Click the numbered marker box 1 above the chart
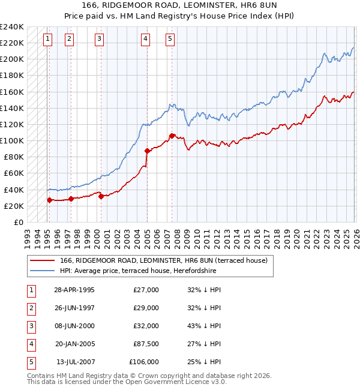(47, 40)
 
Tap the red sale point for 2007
(172, 136)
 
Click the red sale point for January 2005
(147, 151)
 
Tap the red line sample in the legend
(42, 260)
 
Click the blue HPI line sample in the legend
(42, 271)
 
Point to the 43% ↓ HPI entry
(204, 326)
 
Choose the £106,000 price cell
(144, 362)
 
